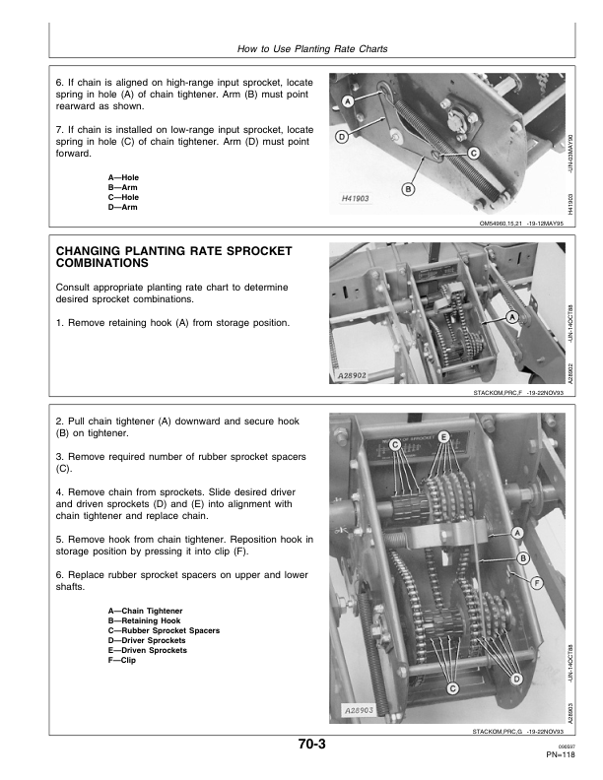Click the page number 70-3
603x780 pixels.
point(312,744)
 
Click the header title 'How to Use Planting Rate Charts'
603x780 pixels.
point(312,49)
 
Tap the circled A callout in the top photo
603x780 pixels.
point(348,101)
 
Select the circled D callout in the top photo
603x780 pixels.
point(341,137)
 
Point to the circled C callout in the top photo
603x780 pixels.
point(474,154)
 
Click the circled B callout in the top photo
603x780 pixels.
point(408,189)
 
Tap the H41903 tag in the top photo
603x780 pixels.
point(356,199)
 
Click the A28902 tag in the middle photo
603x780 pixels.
point(353,376)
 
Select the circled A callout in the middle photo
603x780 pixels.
point(511,317)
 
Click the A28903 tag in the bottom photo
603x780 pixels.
point(360,710)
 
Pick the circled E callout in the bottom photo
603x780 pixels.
point(443,436)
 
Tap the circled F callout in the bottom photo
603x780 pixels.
point(537,583)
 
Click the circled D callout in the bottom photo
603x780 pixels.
point(516,679)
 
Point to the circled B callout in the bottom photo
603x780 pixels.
point(523,558)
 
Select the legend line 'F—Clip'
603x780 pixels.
point(122,660)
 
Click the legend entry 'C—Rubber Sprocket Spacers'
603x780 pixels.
point(164,630)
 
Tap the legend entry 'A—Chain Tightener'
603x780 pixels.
point(145,611)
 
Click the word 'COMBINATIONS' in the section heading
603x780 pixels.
point(102,263)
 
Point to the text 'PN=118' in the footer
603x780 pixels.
point(561,754)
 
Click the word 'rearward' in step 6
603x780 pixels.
point(75,106)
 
